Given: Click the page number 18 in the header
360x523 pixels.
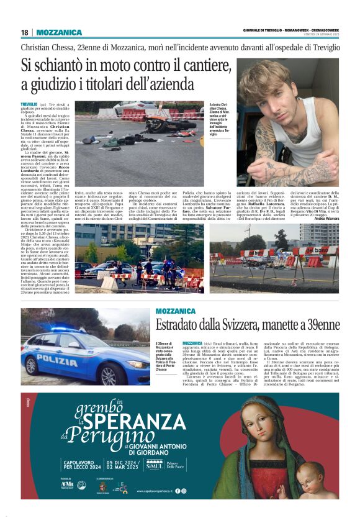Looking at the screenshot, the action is tap(25, 32).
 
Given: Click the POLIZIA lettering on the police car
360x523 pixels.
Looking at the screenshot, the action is tap(56, 359).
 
